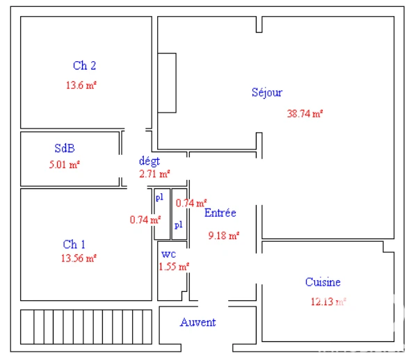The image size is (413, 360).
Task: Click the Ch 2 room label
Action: [x=85, y=65]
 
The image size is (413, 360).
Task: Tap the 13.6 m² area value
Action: [x=81, y=85]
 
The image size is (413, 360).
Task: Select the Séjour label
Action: [x=267, y=92]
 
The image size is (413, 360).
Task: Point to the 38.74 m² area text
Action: [x=305, y=114]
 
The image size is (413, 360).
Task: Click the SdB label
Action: [x=65, y=148]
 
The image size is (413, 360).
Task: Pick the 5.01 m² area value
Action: [x=64, y=165]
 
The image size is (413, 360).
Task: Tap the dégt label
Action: [x=149, y=161]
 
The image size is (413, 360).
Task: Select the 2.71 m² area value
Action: [x=154, y=174]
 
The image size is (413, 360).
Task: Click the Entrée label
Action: [x=220, y=213]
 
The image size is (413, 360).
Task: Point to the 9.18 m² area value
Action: [x=224, y=236]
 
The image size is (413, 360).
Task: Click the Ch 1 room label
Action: [x=74, y=245]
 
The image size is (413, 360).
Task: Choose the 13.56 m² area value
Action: [x=79, y=259]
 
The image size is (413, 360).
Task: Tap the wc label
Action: [x=168, y=254]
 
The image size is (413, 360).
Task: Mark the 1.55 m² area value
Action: [x=174, y=266]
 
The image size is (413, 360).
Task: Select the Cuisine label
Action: [x=323, y=282]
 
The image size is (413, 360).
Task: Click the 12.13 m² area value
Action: [x=328, y=302]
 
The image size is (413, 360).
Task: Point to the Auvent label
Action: [x=198, y=322]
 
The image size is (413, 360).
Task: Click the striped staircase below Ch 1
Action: [x=86, y=327]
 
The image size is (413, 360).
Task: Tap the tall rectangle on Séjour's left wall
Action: [x=167, y=83]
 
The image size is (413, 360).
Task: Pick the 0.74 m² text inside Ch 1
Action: [x=145, y=220]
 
